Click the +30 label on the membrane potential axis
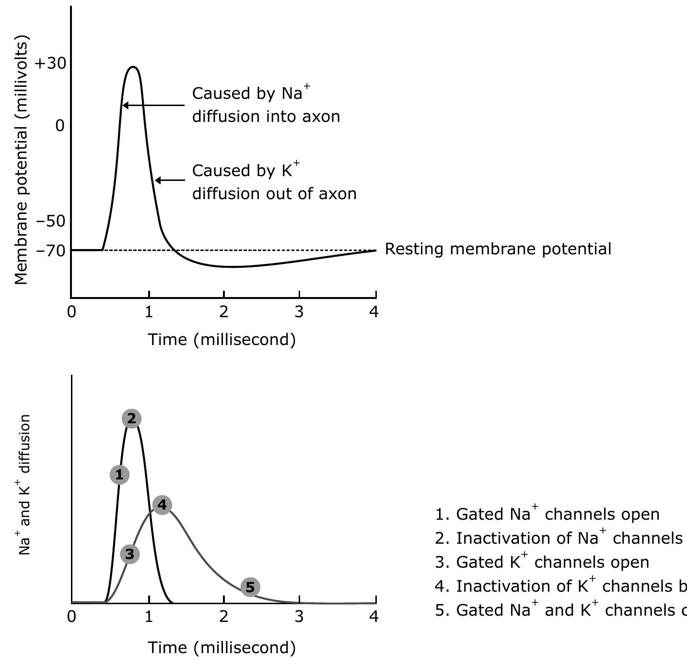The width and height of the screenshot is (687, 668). click(x=50, y=64)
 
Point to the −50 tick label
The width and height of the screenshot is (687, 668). click(x=51, y=221)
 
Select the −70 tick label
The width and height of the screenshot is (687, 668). click(x=51, y=250)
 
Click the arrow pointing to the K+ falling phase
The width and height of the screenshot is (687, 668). click(x=170, y=180)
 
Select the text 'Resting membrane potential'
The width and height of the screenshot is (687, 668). click(x=498, y=249)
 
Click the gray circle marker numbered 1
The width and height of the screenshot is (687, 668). click(x=119, y=475)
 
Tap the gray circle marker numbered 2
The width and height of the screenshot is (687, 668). click(x=132, y=419)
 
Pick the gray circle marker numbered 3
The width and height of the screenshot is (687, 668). click(x=130, y=554)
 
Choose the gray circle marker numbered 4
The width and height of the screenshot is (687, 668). click(x=162, y=505)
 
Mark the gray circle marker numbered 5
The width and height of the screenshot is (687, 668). click(x=250, y=587)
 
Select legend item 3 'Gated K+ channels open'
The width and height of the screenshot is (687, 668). click(x=542, y=562)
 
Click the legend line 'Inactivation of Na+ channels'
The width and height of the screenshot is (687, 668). click(x=559, y=538)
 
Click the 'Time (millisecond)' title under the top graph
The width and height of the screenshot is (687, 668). click(x=221, y=340)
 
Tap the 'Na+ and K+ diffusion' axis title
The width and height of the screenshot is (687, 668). click(x=25, y=485)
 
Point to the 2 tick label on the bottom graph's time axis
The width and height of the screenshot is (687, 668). click(x=224, y=617)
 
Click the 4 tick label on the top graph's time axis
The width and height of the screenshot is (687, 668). click(x=374, y=312)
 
